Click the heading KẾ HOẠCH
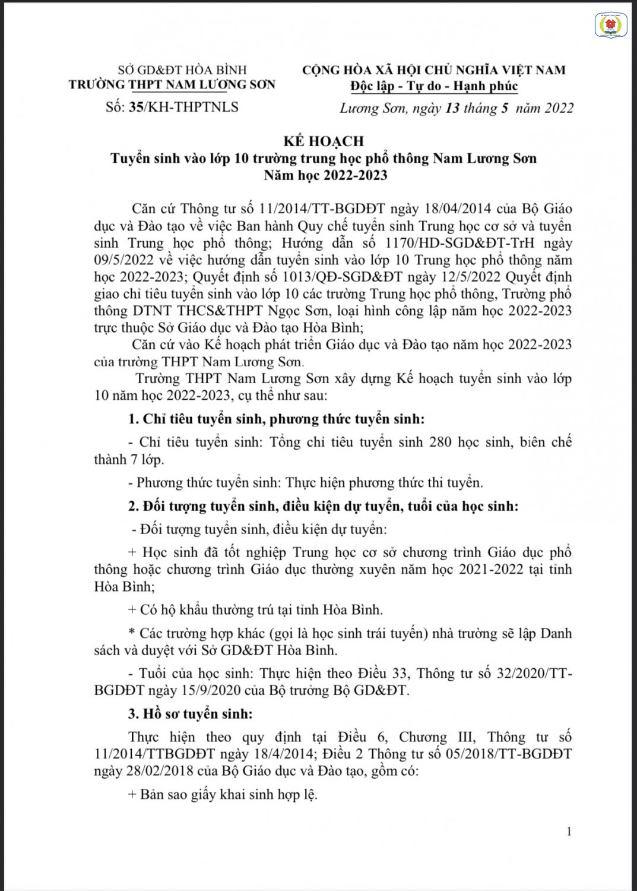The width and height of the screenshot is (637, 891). [324, 141]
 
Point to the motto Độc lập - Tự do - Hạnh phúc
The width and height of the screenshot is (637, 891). [434, 86]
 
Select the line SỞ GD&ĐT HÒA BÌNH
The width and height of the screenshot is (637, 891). [182, 70]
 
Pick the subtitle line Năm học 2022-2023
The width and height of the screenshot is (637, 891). [326, 175]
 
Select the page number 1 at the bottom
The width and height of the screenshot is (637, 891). [569, 832]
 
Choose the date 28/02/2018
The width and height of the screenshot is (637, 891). [125, 772]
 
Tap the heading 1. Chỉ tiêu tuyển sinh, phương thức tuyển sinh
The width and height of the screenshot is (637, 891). [277, 419]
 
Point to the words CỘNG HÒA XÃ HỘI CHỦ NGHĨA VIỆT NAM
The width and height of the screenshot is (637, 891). [434, 70]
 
